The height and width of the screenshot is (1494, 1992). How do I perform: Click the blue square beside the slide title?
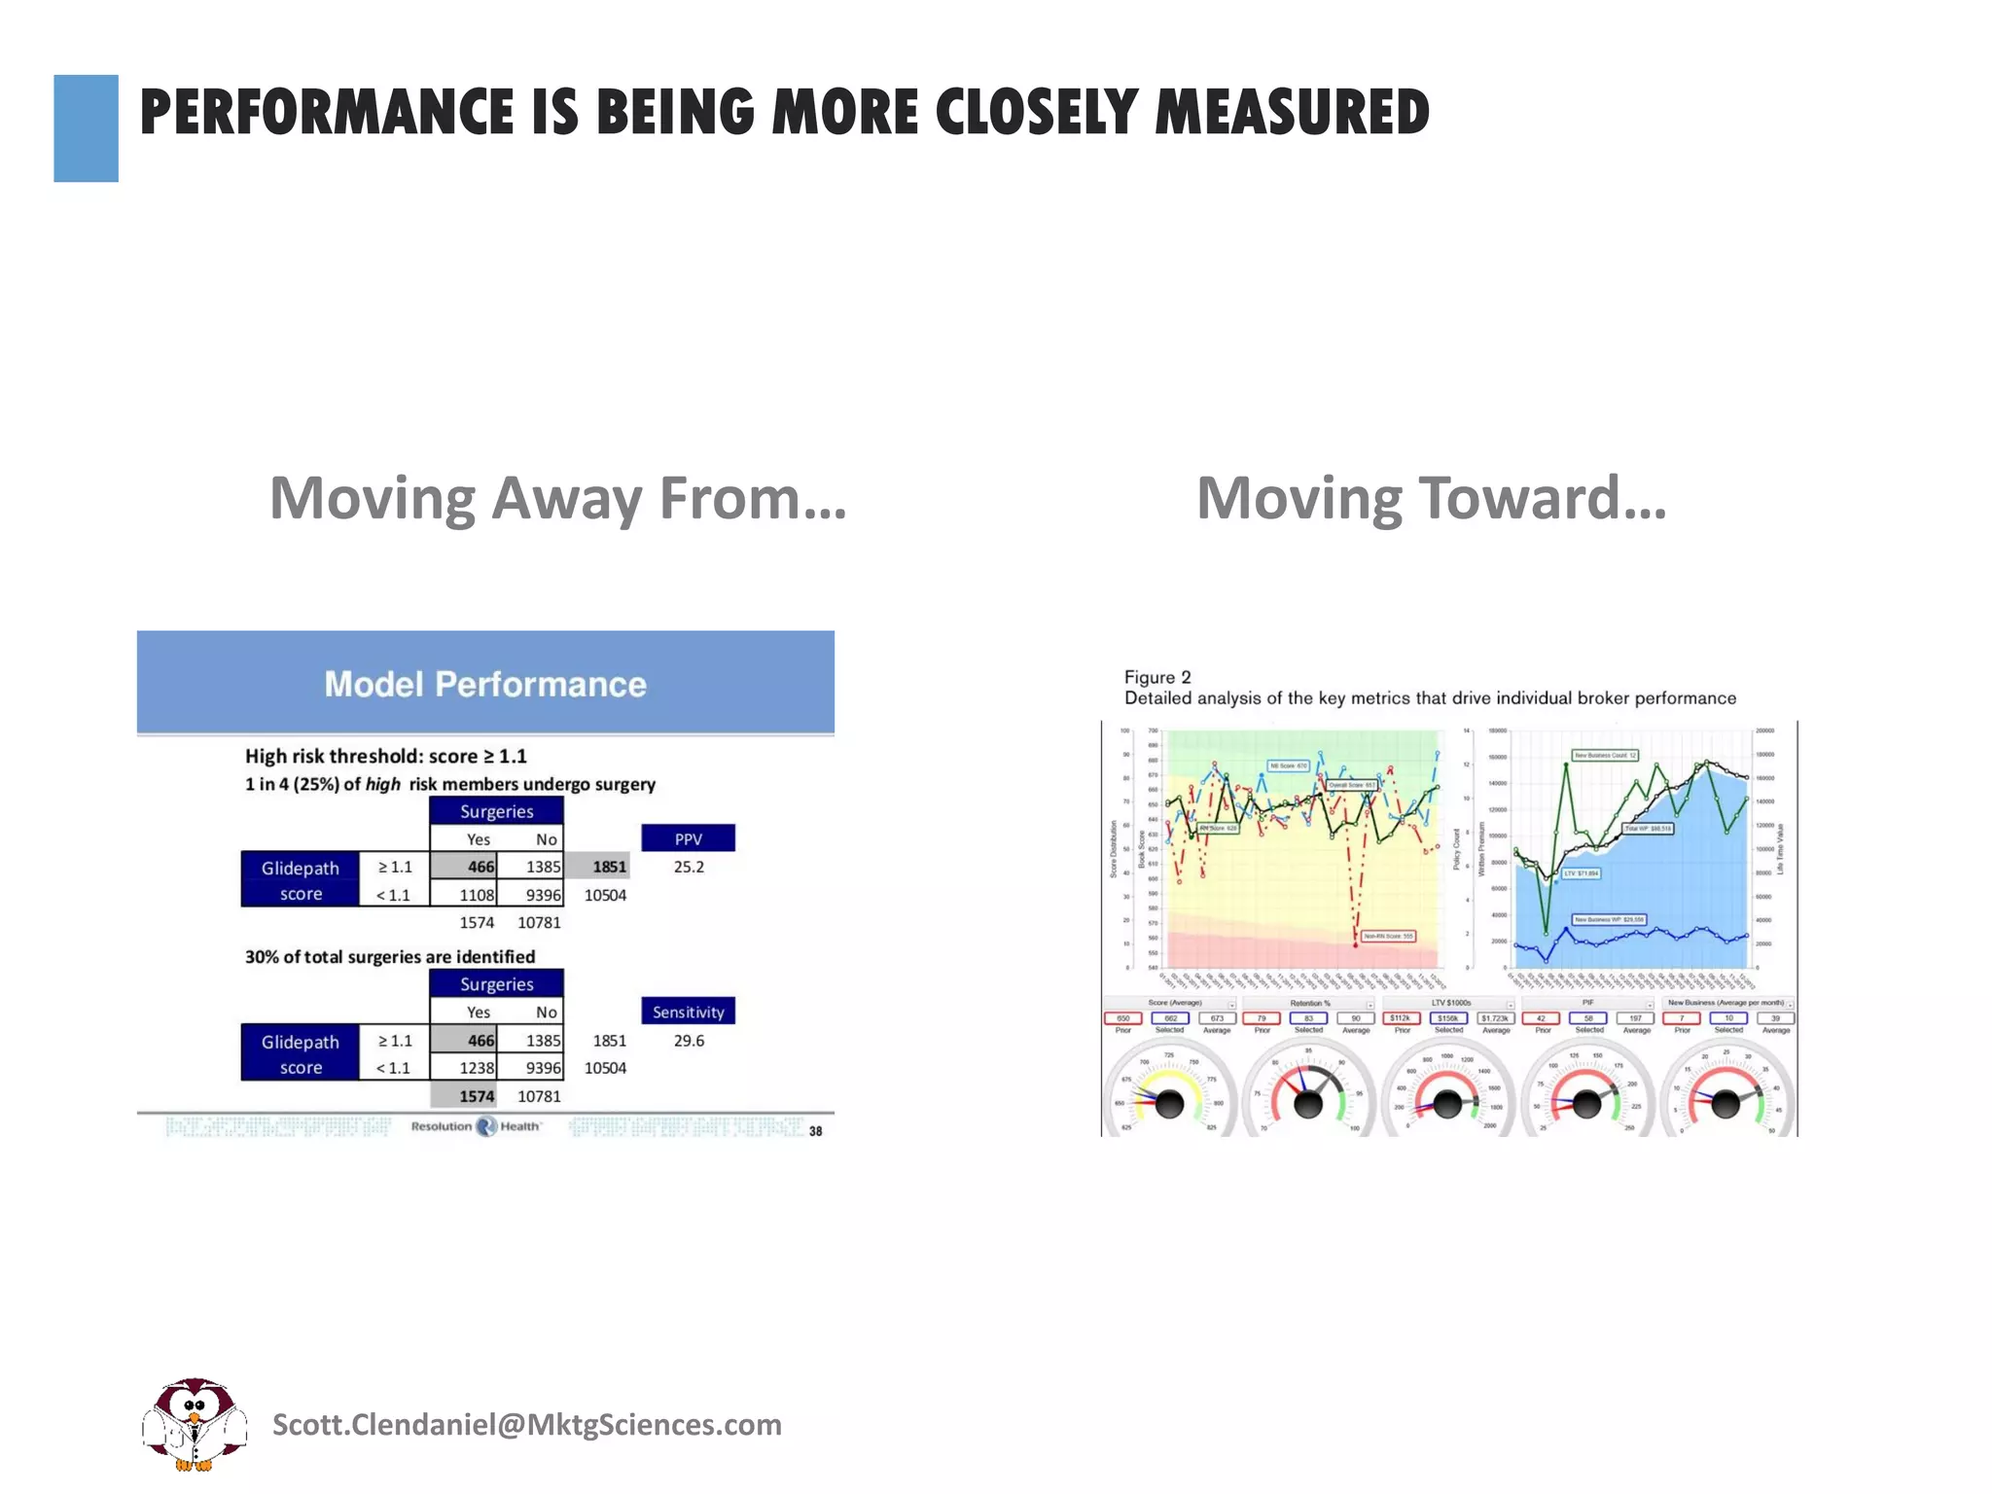point(86,128)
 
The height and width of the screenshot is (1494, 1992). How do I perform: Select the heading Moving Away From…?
point(557,498)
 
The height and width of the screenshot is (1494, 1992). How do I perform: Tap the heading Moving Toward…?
point(1431,498)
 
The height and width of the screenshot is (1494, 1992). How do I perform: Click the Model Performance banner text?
point(484,684)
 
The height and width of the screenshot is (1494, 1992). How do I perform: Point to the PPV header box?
point(688,838)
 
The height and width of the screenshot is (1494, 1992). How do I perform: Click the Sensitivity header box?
point(688,1012)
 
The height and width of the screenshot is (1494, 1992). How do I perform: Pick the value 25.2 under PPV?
point(689,867)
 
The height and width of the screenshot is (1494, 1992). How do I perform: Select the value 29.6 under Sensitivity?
point(689,1040)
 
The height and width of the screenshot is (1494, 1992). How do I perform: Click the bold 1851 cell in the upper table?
point(609,867)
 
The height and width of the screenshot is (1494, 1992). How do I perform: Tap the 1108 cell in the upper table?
point(477,895)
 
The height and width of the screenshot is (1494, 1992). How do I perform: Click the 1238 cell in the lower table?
point(477,1068)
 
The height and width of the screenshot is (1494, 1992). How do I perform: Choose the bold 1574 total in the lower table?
point(477,1096)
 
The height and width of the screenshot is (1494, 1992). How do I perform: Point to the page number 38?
point(815,1131)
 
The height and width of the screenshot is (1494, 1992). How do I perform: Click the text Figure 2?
point(1156,677)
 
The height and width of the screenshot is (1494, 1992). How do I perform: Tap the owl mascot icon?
point(195,1424)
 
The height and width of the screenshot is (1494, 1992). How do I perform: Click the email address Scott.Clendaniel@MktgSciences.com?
point(526,1425)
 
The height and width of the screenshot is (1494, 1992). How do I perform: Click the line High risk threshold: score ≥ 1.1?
point(385,756)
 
